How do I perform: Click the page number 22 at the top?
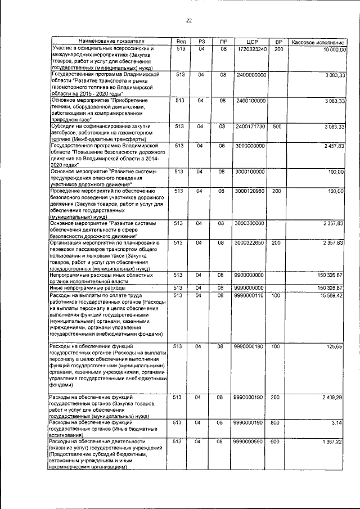coord(189,21)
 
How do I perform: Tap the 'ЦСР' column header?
coord(251,42)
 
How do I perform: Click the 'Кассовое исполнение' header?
coord(318,42)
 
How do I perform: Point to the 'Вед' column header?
coord(181,42)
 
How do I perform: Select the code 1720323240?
coord(251,49)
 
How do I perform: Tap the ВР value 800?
coord(277,422)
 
